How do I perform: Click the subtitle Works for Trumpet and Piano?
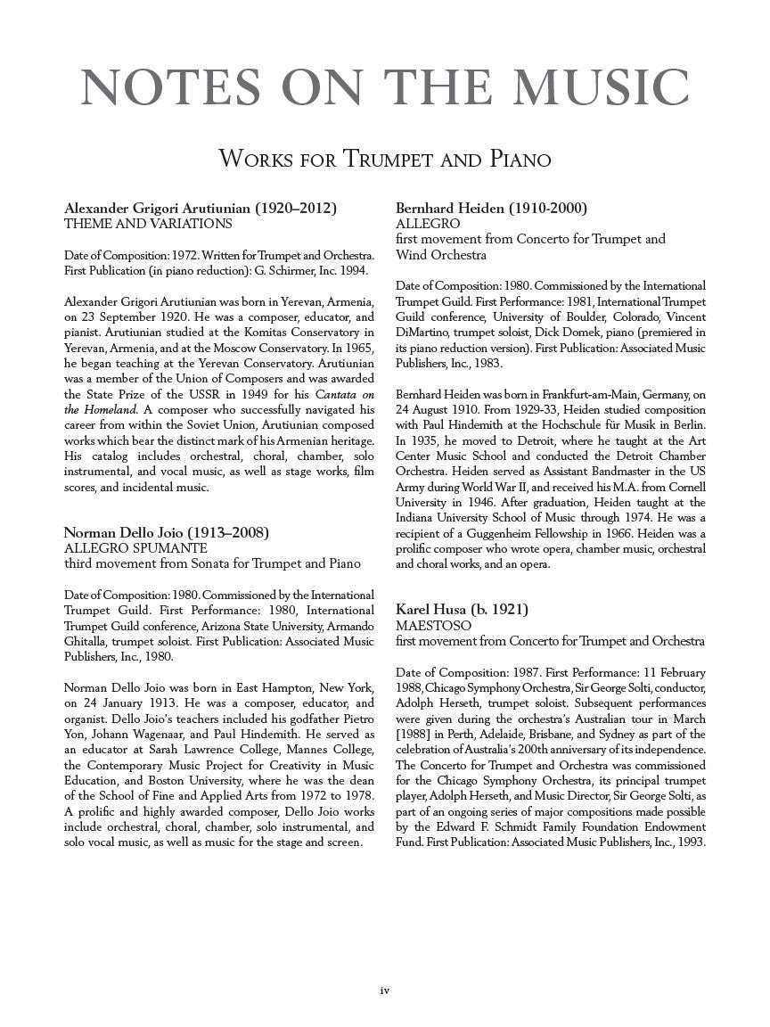click(x=385, y=160)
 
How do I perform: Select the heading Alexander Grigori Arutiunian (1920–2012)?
click(x=201, y=209)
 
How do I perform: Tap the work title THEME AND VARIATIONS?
click(x=148, y=224)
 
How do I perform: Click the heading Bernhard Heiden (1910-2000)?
click(x=491, y=209)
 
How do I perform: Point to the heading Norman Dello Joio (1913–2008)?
click(x=167, y=533)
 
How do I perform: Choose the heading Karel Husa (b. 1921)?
click(x=462, y=610)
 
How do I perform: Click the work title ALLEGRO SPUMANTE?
click(x=135, y=548)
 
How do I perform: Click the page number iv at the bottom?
click(x=385, y=990)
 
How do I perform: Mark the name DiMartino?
click(x=424, y=333)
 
